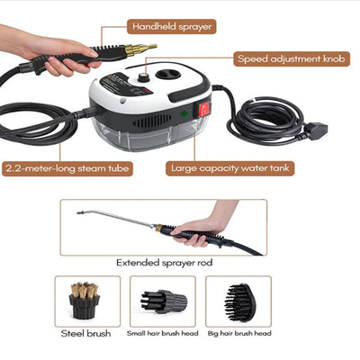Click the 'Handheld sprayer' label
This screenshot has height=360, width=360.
[x=172, y=26]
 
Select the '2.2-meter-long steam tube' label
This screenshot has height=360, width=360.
[x=67, y=168]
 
